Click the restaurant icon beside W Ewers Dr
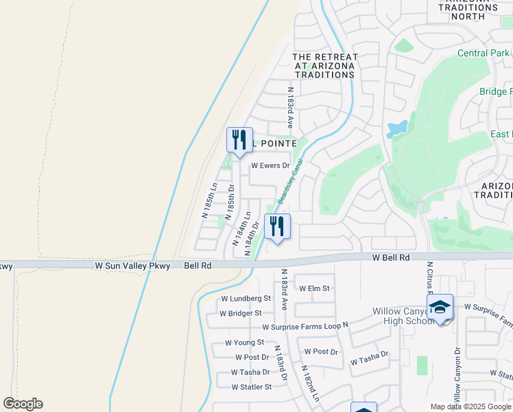point(239,141)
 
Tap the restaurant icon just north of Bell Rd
point(277,227)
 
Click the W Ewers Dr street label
point(270,165)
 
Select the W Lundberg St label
point(246,299)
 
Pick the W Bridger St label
point(240,313)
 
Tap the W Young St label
point(244,343)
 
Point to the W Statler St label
point(252,387)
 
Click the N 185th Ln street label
point(208,201)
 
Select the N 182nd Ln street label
point(310,383)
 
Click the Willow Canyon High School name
point(397,316)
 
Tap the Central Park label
point(483,53)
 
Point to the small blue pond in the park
point(396,128)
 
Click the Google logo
point(23,404)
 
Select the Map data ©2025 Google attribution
point(470,407)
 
